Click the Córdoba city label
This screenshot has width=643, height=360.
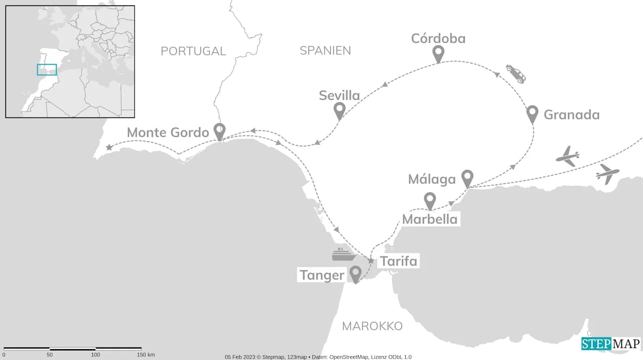pyautogui.click(x=438, y=39)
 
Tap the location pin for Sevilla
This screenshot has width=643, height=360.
pyautogui.click(x=339, y=110)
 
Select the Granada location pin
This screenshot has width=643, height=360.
pyautogui.click(x=532, y=114)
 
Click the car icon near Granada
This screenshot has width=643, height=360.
pyautogui.click(x=516, y=73)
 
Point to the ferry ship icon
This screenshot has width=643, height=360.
pyautogui.click(x=344, y=255)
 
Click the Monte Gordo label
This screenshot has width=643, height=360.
pyautogui.click(x=167, y=133)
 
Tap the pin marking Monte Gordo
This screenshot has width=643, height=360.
pyautogui.click(x=219, y=131)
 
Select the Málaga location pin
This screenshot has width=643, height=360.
pyautogui.click(x=467, y=178)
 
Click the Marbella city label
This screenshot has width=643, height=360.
pyautogui.click(x=430, y=219)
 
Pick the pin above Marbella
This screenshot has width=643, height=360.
pyautogui.click(x=430, y=200)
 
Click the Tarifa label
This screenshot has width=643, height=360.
pyautogui.click(x=398, y=262)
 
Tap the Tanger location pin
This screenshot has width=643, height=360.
pyautogui.click(x=356, y=274)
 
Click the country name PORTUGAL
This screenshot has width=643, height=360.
pyautogui.click(x=193, y=51)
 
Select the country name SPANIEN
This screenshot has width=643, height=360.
pyautogui.click(x=325, y=50)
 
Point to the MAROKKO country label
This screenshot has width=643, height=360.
pyautogui.click(x=372, y=326)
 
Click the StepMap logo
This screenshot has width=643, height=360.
pyautogui.click(x=611, y=344)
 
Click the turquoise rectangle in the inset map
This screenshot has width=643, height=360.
pyautogui.click(x=47, y=70)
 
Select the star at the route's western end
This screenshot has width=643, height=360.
pyautogui.click(x=109, y=148)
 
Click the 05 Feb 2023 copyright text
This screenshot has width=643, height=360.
pyautogui.click(x=318, y=357)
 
